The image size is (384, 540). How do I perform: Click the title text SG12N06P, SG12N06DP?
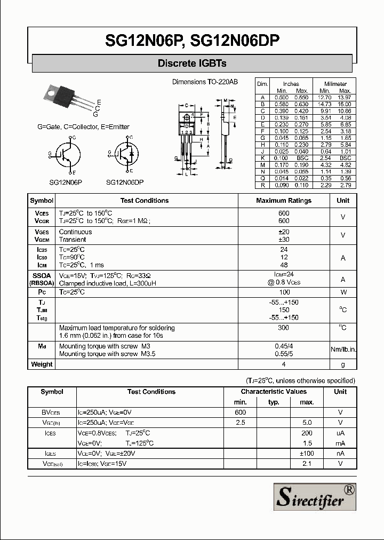point(192,41)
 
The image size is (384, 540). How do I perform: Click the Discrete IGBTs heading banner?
point(192,63)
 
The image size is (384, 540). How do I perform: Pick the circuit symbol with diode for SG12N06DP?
point(125,155)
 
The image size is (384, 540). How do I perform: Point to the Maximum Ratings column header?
point(284,201)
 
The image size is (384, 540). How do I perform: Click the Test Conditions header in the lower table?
point(151,392)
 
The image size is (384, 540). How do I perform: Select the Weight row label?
point(42,364)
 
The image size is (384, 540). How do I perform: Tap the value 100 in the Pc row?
point(284,292)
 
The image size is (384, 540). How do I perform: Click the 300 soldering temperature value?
point(284,328)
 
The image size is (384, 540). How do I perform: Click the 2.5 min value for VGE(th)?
point(240,423)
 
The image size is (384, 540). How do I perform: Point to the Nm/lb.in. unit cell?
point(343,350)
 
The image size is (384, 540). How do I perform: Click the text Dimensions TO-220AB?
point(205,82)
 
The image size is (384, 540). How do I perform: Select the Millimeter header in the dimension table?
point(335,84)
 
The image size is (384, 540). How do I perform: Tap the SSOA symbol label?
point(42,275)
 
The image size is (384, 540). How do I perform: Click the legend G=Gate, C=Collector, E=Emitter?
point(83,127)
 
